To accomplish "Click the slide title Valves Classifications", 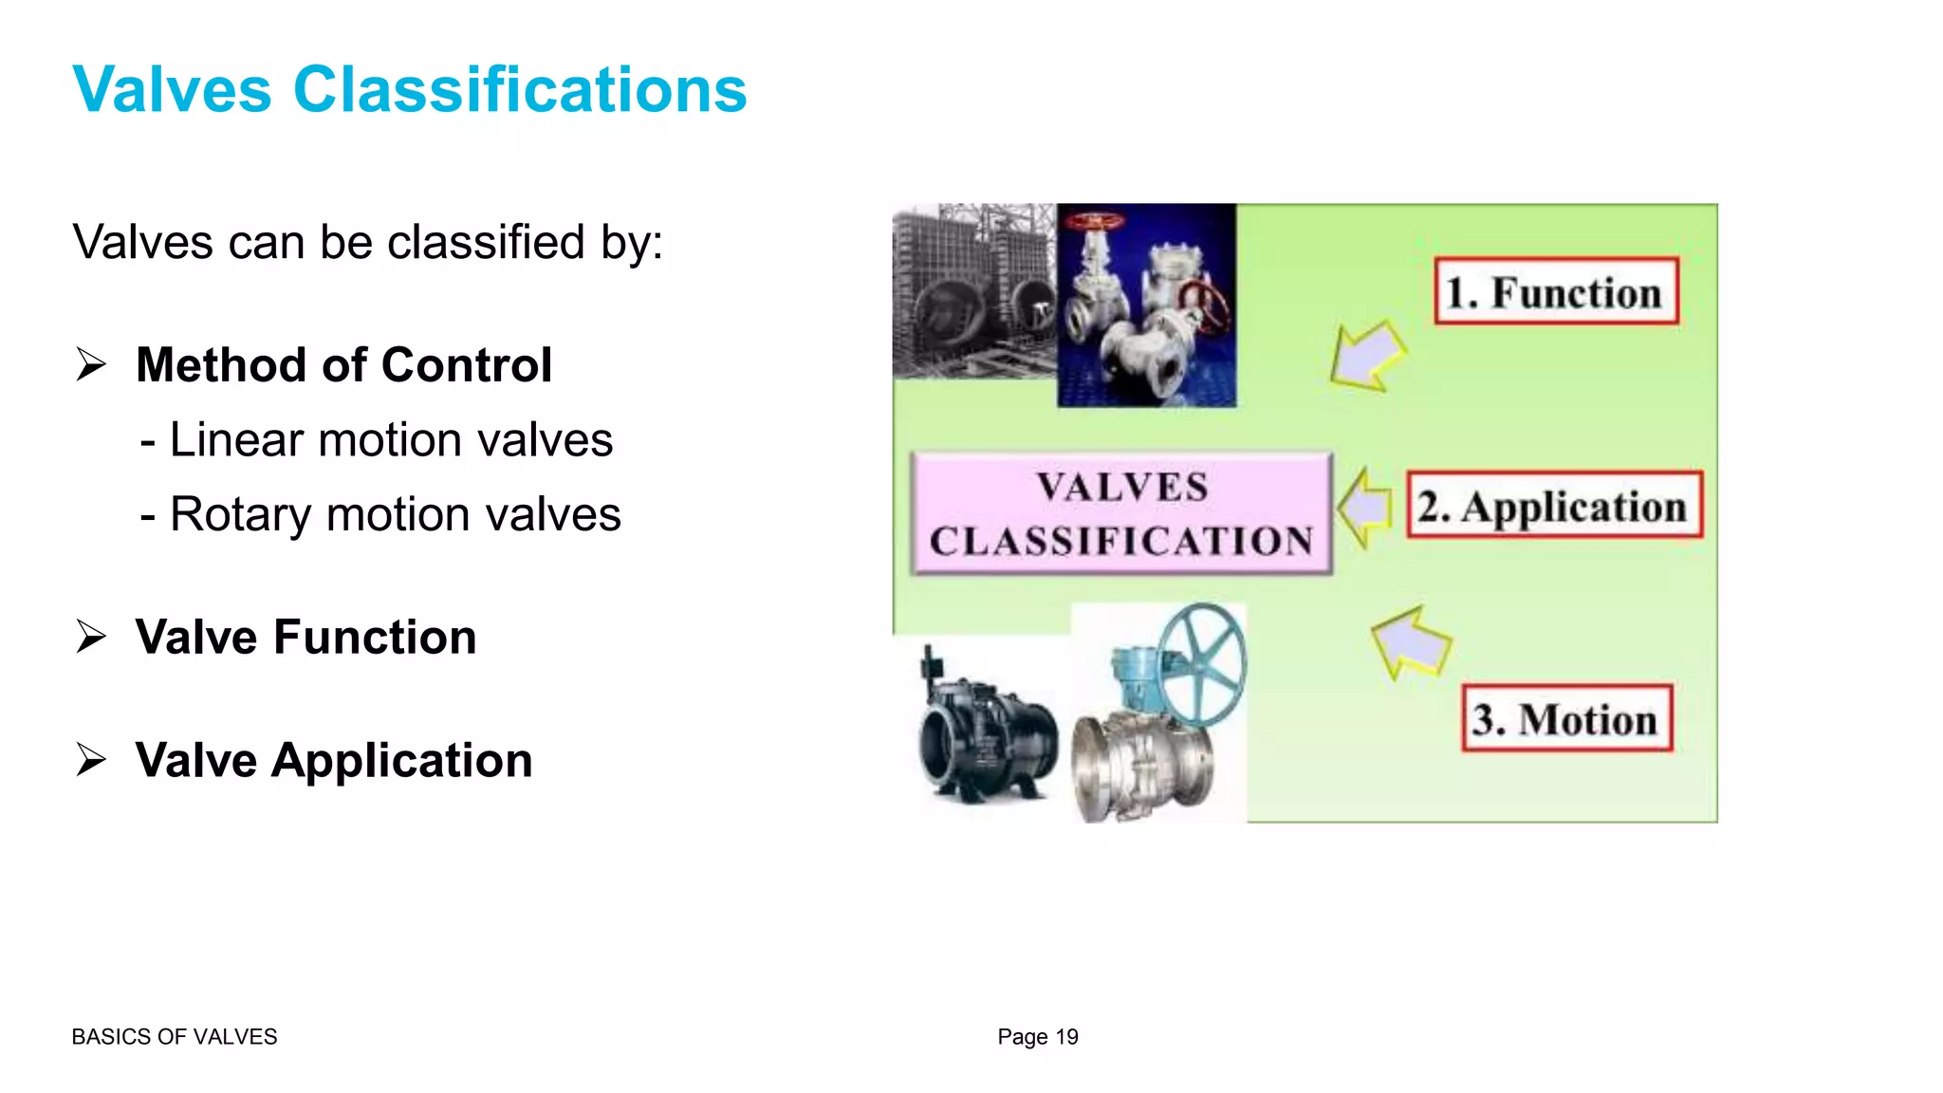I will pos(409,90).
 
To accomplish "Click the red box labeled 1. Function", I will pos(1556,291).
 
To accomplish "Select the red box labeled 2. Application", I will pos(1554,505).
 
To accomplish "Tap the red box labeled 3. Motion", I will pos(1566,718).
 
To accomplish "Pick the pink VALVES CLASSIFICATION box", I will pos(1121,513).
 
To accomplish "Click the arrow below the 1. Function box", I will pos(1366,356).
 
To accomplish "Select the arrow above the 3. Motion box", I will pos(1411,641).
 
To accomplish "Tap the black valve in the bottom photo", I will pos(987,735).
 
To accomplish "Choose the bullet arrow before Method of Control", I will pos(91,365).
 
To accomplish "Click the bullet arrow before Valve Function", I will pos(91,637).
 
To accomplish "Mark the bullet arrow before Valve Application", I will pos(91,760).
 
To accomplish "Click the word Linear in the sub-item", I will pos(236,440).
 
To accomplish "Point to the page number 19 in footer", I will pos(1066,1037).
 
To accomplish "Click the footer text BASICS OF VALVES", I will pos(175,1037).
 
